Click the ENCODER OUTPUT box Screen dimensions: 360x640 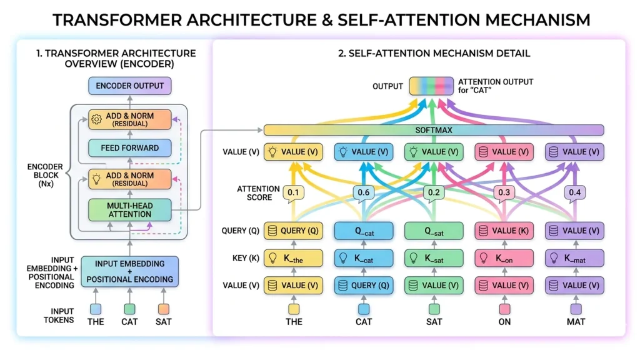click(x=130, y=86)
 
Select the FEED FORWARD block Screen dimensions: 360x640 click(x=130, y=148)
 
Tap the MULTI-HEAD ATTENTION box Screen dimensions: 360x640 click(x=130, y=209)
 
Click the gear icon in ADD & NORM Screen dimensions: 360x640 click(x=96, y=119)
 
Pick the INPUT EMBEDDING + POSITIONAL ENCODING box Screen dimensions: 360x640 click(x=130, y=271)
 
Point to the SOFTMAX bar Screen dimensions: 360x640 click(x=434, y=130)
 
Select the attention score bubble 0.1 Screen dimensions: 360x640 click(x=293, y=192)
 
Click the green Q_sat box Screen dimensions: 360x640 click(x=434, y=231)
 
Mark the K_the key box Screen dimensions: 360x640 click(x=293, y=258)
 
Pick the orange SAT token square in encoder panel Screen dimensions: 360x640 click(x=163, y=308)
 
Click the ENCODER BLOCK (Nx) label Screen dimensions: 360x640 click(x=44, y=176)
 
